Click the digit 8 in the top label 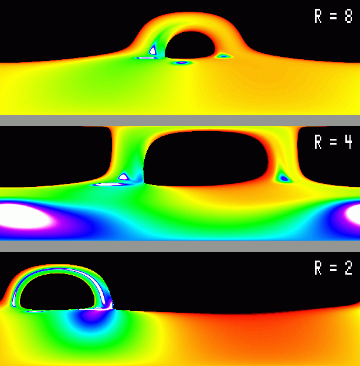[x=348, y=16]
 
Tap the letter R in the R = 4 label [x=318, y=142]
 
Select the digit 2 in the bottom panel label [x=348, y=268]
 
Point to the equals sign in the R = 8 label [x=334, y=16]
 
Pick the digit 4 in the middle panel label [x=348, y=142]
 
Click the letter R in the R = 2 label [x=318, y=268]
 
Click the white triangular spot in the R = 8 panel [x=152, y=50]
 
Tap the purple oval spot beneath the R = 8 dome [x=181, y=63]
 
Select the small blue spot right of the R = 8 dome [x=224, y=56]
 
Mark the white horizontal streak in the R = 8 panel [x=146, y=58]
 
